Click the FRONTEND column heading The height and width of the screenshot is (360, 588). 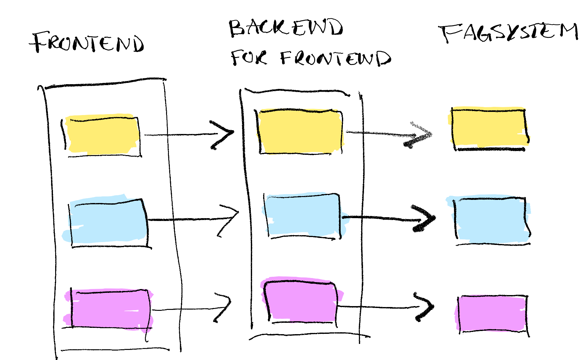click(88, 43)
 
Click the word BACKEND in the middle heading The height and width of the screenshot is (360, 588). click(285, 28)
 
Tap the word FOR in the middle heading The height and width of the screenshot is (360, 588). click(249, 58)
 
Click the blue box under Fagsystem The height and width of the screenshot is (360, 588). click(490, 219)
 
